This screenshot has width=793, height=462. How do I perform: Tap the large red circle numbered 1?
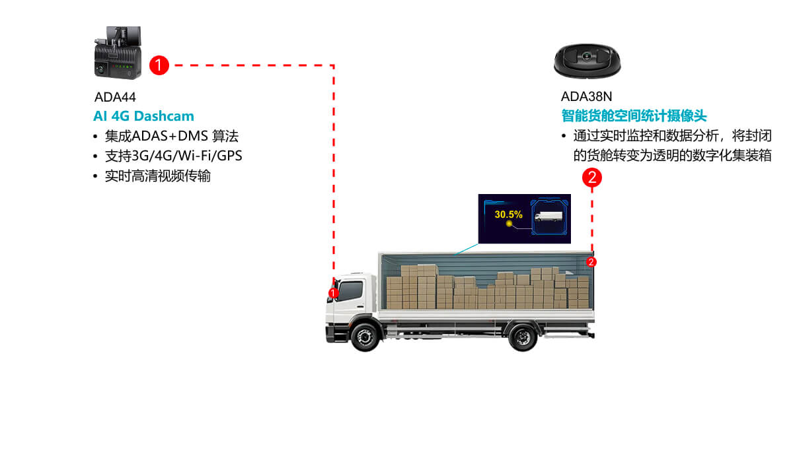(x=160, y=65)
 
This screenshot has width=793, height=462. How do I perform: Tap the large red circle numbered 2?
(x=592, y=177)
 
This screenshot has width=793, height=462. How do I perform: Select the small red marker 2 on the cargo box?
(x=591, y=262)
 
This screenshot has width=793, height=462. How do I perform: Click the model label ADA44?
(x=114, y=98)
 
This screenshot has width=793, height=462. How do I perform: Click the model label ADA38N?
(x=586, y=96)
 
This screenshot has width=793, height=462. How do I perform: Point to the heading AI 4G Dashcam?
(x=143, y=116)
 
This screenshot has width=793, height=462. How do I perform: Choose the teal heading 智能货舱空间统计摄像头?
(x=634, y=116)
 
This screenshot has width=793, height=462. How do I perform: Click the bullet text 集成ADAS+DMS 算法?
(x=171, y=137)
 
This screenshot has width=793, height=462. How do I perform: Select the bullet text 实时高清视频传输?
(x=157, y=176)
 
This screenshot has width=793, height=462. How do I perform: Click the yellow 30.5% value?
(x=508, y=214)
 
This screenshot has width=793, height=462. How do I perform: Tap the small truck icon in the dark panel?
(x=548, y=216)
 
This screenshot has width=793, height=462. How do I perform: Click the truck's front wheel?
(x=363, y=337)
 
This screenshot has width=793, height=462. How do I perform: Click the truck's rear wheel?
(x=523, y=337)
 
